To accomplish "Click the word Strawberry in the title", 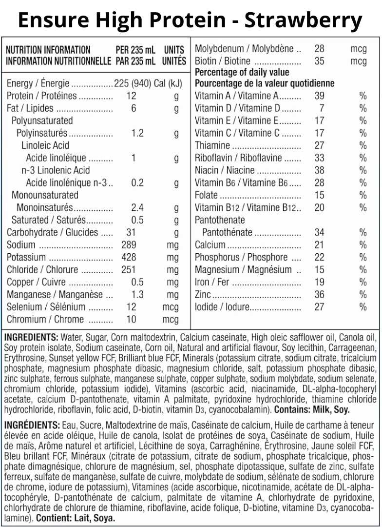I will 303,20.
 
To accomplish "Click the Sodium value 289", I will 129,245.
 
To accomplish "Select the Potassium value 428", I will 129,257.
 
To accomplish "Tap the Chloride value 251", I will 129,270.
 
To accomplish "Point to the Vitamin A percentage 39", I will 319,96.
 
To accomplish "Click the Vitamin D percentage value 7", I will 322,108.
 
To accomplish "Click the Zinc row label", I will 203,294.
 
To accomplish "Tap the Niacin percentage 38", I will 319,170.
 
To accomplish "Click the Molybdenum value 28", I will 319,49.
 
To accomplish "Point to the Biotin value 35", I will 319,61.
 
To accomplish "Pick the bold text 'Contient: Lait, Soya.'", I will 76,518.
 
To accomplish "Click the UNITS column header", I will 174,49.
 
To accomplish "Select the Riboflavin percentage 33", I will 319,158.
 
